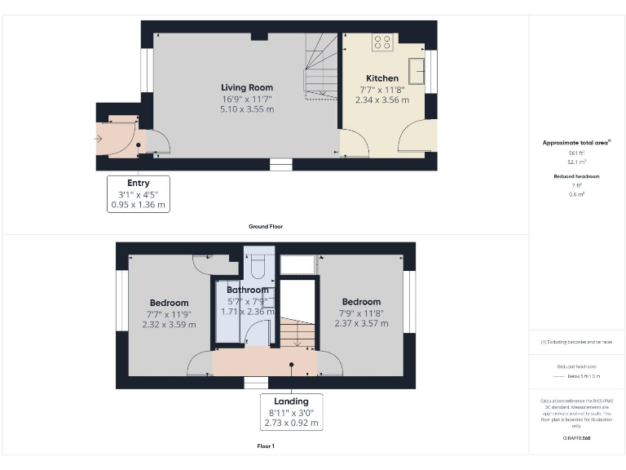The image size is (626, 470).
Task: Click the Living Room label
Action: [x=247, y=87]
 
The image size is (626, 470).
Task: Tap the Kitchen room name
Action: [x=381, y=78]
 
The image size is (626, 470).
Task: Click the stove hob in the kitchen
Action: [x=382, y=42]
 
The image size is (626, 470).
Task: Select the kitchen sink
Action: [x=416, y=70]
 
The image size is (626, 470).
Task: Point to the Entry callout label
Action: [x=139, y=183]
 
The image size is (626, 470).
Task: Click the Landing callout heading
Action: [x=291, y=401]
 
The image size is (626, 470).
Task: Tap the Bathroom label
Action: [x=248, y=290]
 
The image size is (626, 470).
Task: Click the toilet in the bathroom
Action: [x=258, y=267]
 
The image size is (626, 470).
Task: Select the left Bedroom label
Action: [x=169, y=303]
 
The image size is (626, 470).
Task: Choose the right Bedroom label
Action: [x=361, y=302]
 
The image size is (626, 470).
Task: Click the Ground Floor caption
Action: [x=266, y=226]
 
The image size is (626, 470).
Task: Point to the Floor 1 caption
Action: [x=266, y=446]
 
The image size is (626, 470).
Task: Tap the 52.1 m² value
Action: [x=577, y=162]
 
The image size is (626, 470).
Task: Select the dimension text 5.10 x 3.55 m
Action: [x=247, y=109]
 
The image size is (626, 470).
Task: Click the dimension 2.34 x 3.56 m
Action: [x=382, y=100]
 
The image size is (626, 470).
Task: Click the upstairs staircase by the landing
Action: [x=298, y=331]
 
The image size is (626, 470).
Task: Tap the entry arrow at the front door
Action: [x=99, y=139]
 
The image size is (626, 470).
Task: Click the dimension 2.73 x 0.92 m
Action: [x=291, y=424]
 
